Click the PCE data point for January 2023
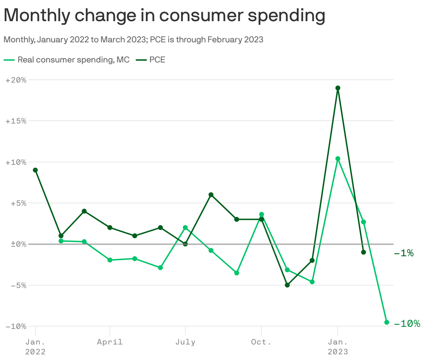click(x=338, y=88)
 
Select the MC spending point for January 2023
click(x=338, y=159)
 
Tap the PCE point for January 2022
click(x=35, y=170)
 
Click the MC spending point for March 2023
click(x=386, y=322)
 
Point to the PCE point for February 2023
click(x=364, y=252)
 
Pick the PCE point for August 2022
click(x=211, y=195)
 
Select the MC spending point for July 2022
click(x=185, y=228)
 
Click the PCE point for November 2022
click(x=287, y=285)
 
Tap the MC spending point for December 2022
click(x=312, y=282)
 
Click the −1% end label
click(x=403, y=253)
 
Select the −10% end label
click(x=407, y=324)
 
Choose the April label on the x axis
click(x=110, y=342)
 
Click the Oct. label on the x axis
click(x=261, y=342)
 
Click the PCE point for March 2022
click(x=84, y=211)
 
